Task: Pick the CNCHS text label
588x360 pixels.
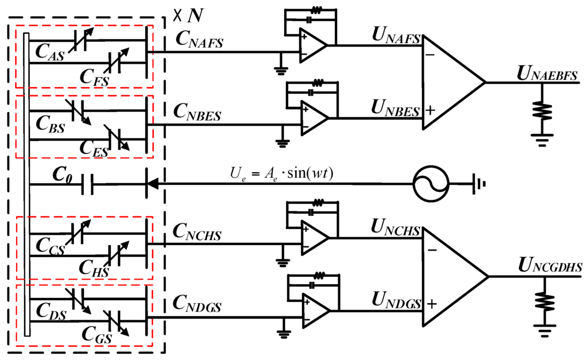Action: coord(199,234)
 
